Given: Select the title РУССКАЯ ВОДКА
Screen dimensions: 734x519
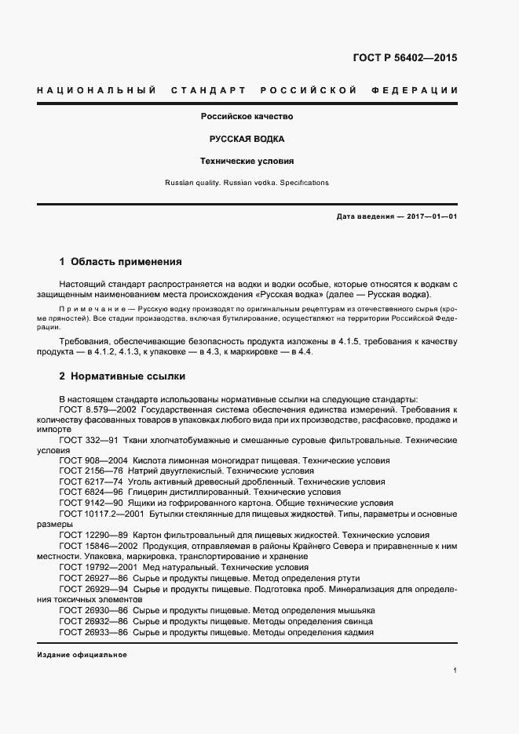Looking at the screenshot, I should click(247, 139).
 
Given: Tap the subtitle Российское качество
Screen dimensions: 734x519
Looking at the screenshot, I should click(247, 116).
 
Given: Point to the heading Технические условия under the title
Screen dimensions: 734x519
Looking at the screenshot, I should click(247, 162).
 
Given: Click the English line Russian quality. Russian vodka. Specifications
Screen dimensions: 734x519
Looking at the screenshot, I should click(247, 183).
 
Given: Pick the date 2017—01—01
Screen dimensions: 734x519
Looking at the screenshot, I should click(429, 216).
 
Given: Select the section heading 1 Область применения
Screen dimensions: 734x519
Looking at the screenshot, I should click(120, 261).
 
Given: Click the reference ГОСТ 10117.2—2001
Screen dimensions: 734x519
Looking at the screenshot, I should click(101, 514).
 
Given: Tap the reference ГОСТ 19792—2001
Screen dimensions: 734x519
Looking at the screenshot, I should click(96, 566).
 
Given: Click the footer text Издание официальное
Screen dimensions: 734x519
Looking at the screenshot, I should click(82, 654).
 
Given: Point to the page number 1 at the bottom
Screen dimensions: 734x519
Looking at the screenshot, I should click(455, 670).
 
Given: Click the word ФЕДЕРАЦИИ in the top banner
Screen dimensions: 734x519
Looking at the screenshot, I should click(418, 91).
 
